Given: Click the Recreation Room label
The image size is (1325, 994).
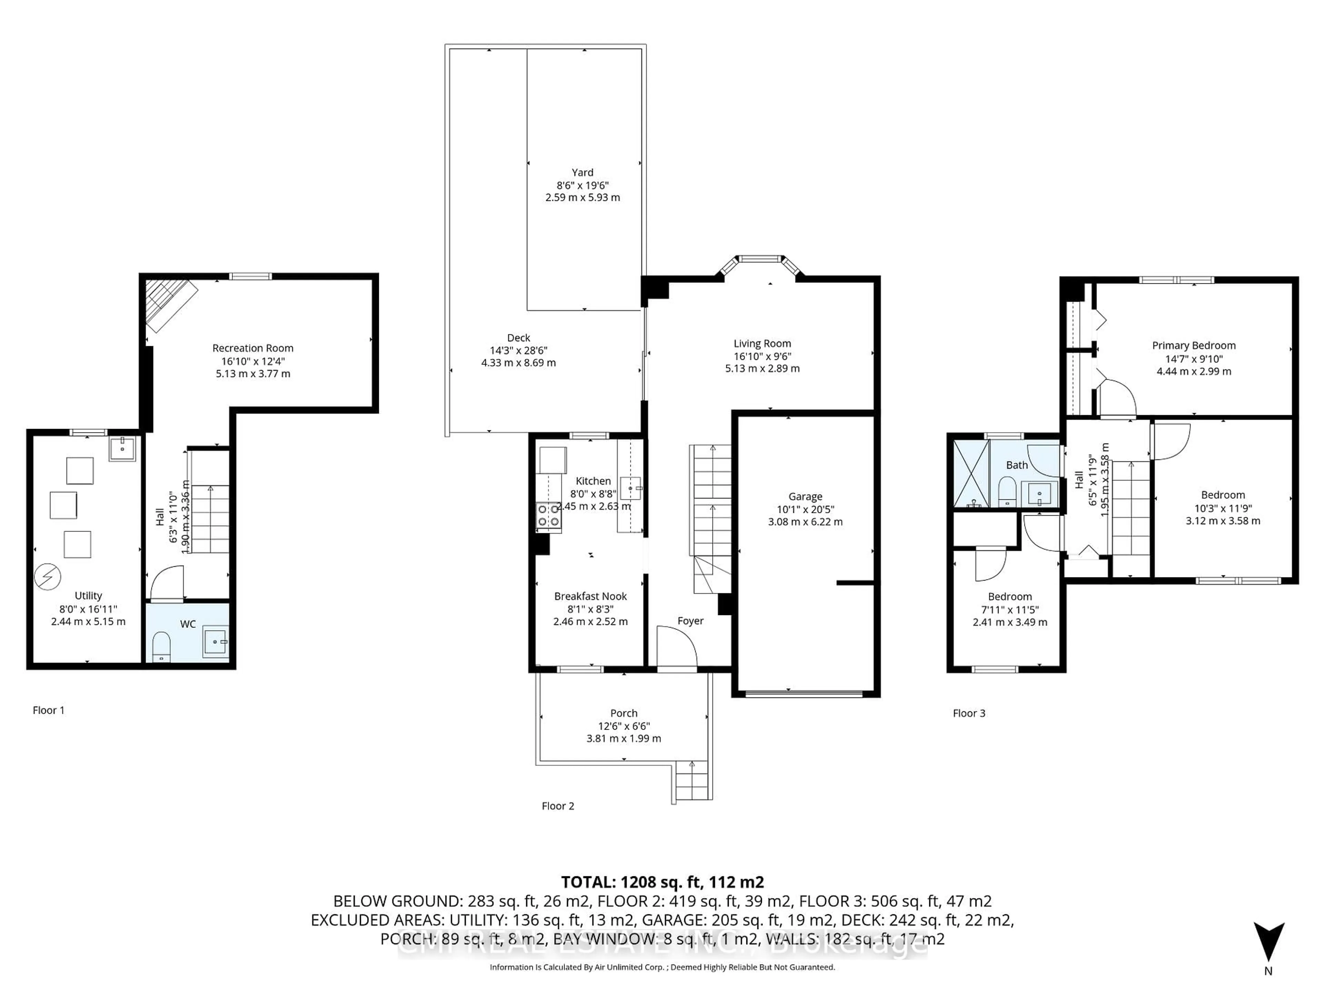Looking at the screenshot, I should [253, 348].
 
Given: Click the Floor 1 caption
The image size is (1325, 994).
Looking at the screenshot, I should [49, 710].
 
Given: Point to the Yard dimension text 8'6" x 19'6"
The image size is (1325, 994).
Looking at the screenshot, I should [582, 185].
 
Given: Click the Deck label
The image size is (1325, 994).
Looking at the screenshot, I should [518, 338].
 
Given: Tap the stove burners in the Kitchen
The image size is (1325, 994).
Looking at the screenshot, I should [548, 516].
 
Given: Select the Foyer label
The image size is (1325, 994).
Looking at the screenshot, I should [690, 621].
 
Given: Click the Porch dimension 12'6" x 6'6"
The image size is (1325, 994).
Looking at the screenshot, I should [624, 725].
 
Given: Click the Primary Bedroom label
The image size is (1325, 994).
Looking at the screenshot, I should [1193, 346].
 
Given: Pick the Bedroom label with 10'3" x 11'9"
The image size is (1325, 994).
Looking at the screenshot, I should [1223, 495].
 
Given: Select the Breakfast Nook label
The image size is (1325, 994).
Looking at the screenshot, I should [590, 596].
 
